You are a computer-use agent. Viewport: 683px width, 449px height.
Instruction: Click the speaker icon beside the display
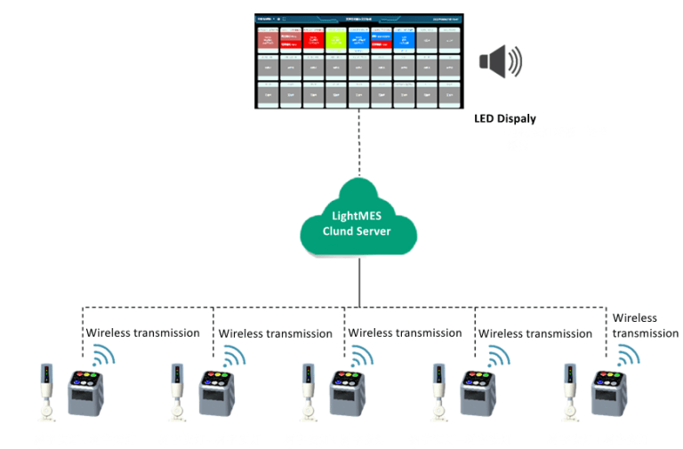point(500,61)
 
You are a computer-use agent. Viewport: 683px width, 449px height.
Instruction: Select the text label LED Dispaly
point(505,118)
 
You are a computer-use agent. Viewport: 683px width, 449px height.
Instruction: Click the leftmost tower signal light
point(47,388)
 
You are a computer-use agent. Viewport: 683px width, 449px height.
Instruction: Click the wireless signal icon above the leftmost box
point(105,356)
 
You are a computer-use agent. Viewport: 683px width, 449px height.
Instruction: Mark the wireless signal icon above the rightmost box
point(630,356)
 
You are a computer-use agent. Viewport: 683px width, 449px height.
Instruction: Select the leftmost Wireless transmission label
point(141,333)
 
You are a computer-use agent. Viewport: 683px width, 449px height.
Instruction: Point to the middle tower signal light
point(308,388)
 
